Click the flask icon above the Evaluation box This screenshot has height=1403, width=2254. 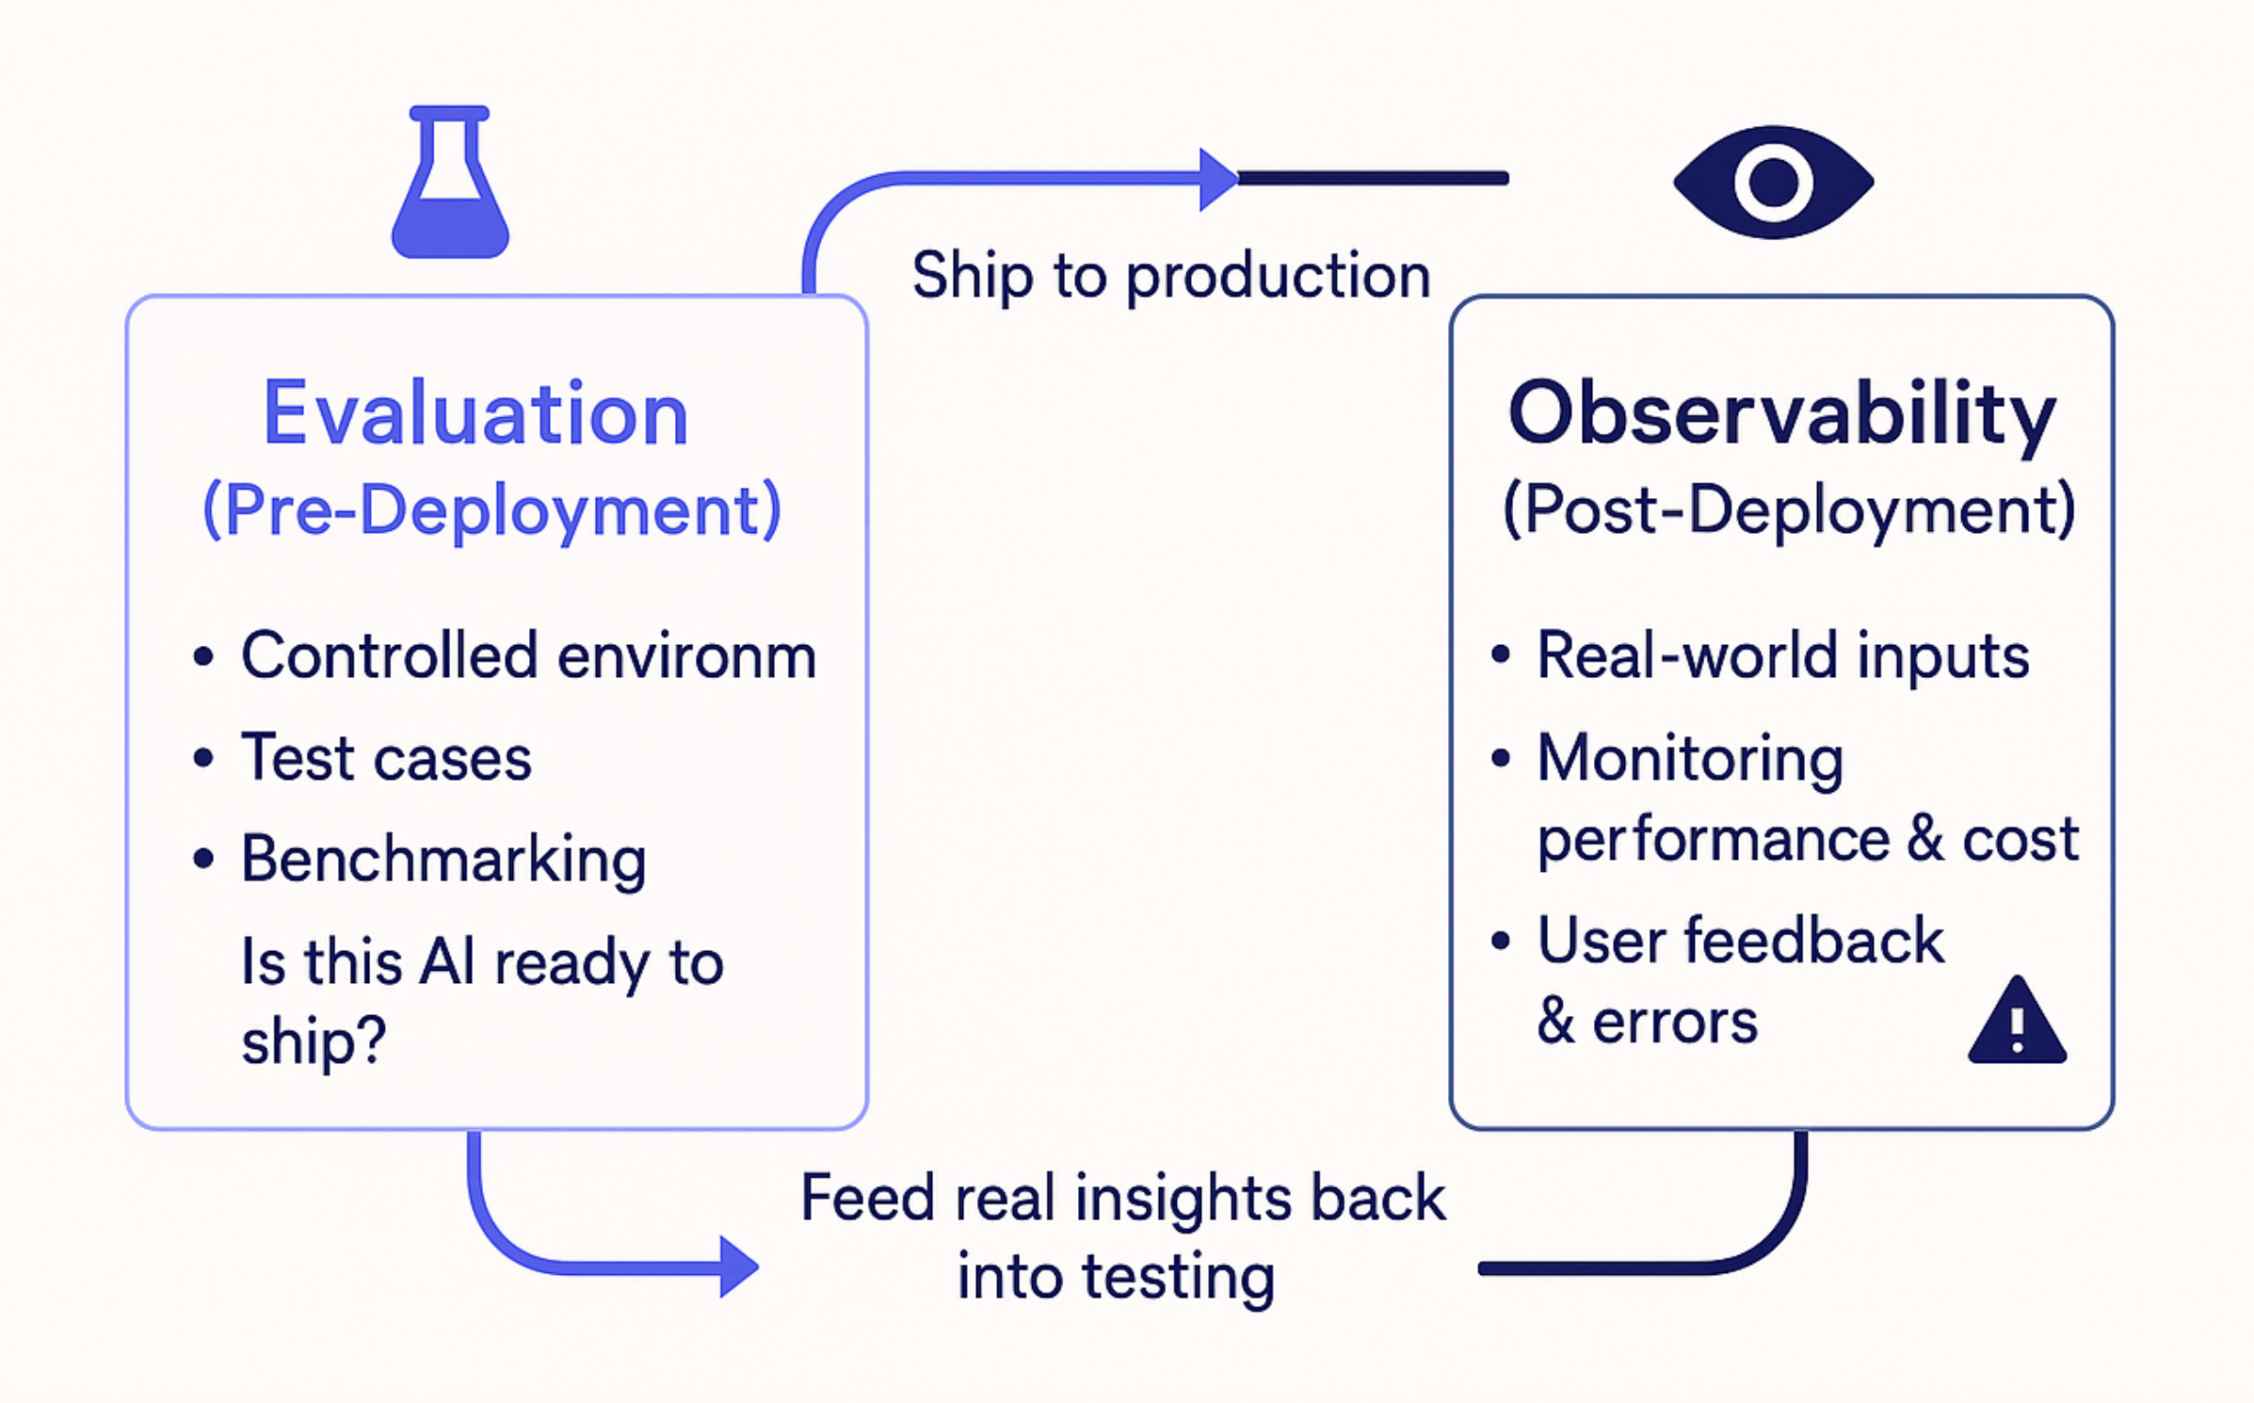[450, 188]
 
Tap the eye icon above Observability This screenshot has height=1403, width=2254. [1773, 182]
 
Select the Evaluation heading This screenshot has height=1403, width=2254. [475, 414]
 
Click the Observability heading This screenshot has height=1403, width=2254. [1781, 414]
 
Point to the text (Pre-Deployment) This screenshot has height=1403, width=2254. [492, 510]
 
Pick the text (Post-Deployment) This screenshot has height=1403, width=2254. [1789, 510]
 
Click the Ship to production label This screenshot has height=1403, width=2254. [1170, 277]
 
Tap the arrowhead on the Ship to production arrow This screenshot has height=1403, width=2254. [1217, 179]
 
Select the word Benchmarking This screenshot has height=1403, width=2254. [443, 860]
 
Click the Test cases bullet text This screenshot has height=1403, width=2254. [386, 758]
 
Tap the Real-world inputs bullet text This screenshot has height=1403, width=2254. [1782, 656]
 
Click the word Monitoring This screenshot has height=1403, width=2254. [1690, 758]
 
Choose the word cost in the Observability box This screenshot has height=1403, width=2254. [2021, 839]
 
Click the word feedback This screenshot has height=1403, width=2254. [1813, 941]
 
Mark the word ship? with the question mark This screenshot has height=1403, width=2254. [314, 1042]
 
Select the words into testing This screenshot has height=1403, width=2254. [1116, 1278]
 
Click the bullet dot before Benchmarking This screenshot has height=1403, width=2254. [202, 859]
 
